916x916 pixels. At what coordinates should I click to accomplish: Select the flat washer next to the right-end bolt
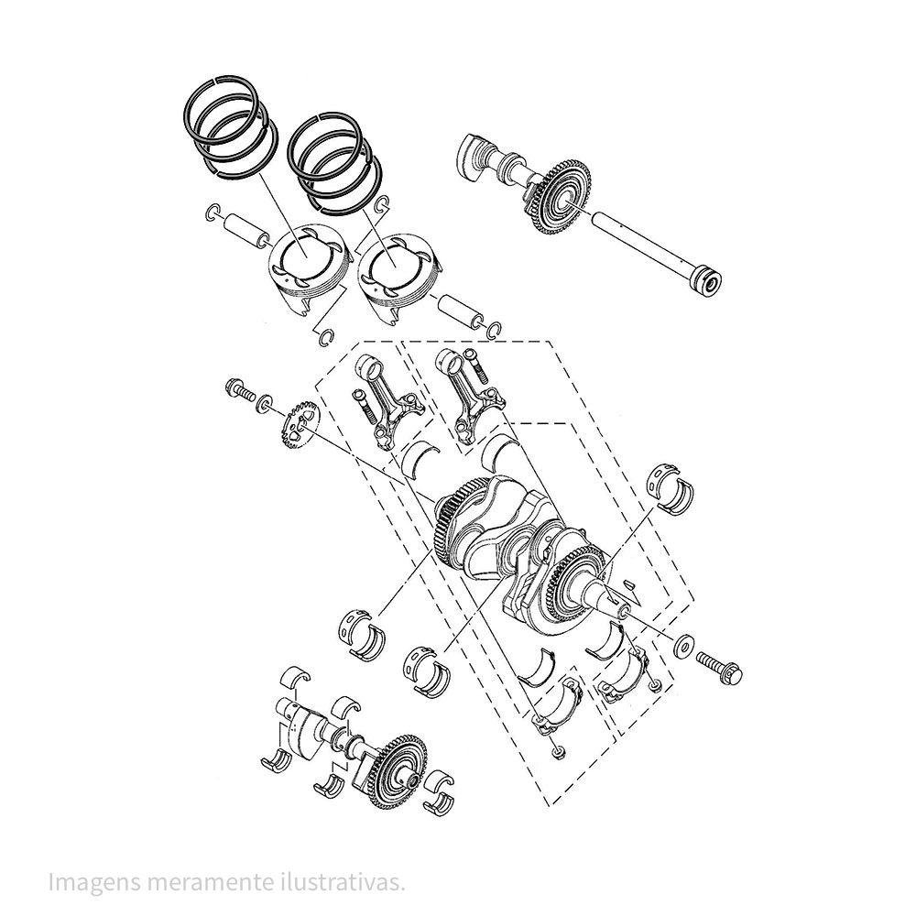(683, 647)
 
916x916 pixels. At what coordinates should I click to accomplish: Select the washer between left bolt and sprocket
(266, 401)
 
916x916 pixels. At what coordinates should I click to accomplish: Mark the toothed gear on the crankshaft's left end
(449, 522)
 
